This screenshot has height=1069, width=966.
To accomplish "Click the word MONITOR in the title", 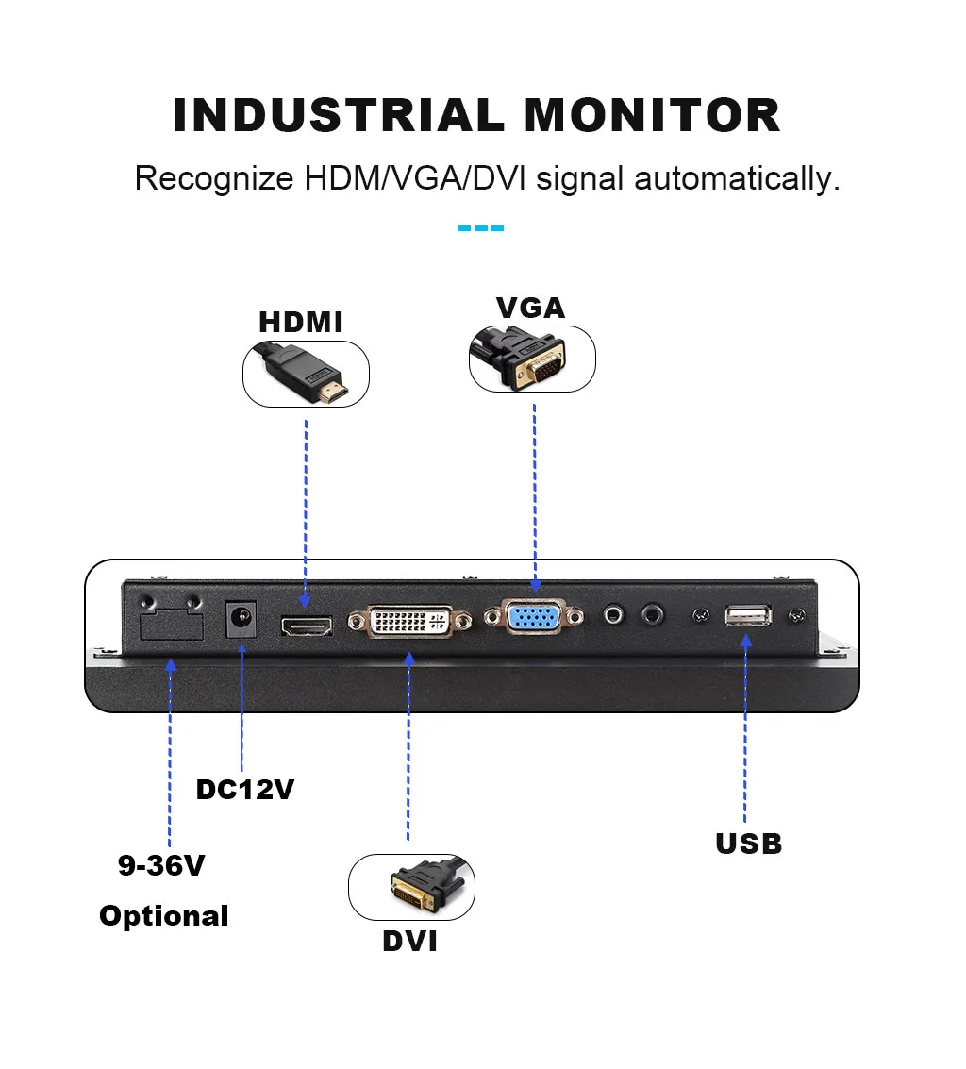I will tap(652, 115).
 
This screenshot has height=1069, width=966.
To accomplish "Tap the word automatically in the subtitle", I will tap(736, 177).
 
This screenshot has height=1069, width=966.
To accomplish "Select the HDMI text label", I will tap(301, 322).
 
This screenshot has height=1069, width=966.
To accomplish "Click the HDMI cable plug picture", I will tap(306, 375).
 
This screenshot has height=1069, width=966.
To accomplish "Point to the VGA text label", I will tap(530, 308).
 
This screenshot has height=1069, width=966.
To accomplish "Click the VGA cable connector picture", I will tap(532, 359).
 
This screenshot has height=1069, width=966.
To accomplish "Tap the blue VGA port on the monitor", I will tap(535, 617).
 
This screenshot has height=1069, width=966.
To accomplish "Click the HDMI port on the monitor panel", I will tap(306, 625).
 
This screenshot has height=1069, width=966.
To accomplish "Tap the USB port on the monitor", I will tap(748, 617).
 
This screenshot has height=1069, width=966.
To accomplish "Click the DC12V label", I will tap(245, 789).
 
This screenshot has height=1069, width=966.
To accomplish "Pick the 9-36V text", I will tap(161, 865).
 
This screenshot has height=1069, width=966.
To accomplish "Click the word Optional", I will tap(164, 915).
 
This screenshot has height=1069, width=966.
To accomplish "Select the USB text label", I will tap(748, 843).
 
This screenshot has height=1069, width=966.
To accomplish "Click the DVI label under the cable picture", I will tap(409, 941).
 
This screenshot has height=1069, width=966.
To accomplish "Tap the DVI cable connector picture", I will tap(412, 888).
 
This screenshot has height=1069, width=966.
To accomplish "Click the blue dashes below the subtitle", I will tap(481, 228).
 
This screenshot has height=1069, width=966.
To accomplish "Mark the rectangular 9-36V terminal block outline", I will tap(170, 626).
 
